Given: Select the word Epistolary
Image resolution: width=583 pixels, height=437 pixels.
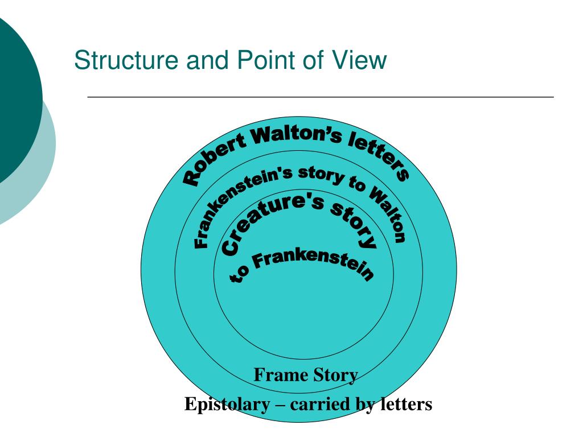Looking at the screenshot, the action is tap(227, 405).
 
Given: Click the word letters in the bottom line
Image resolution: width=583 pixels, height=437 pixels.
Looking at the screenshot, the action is tap(406, 405).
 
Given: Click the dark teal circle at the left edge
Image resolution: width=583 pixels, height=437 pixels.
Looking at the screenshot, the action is tap(14, 97).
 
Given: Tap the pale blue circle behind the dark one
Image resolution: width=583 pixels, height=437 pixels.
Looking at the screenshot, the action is tap(43, 171).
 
